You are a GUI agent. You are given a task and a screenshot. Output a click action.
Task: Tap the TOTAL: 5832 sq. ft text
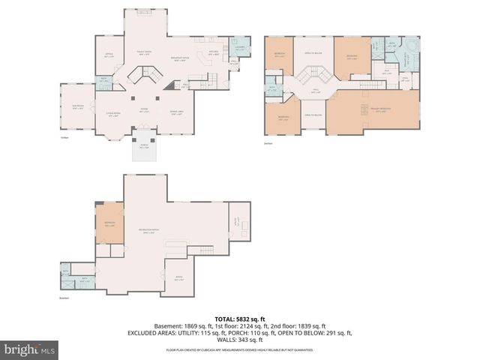click(239, 318)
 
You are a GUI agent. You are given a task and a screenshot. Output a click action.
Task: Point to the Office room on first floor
click(108, 55)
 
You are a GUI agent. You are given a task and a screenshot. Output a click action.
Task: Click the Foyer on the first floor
click(144, 110)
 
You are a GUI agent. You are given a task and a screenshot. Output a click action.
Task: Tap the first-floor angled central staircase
click(144, 75)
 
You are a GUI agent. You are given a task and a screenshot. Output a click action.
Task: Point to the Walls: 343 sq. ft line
click(239, 339)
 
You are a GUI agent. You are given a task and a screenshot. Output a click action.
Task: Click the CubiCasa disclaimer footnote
click(239, 350)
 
